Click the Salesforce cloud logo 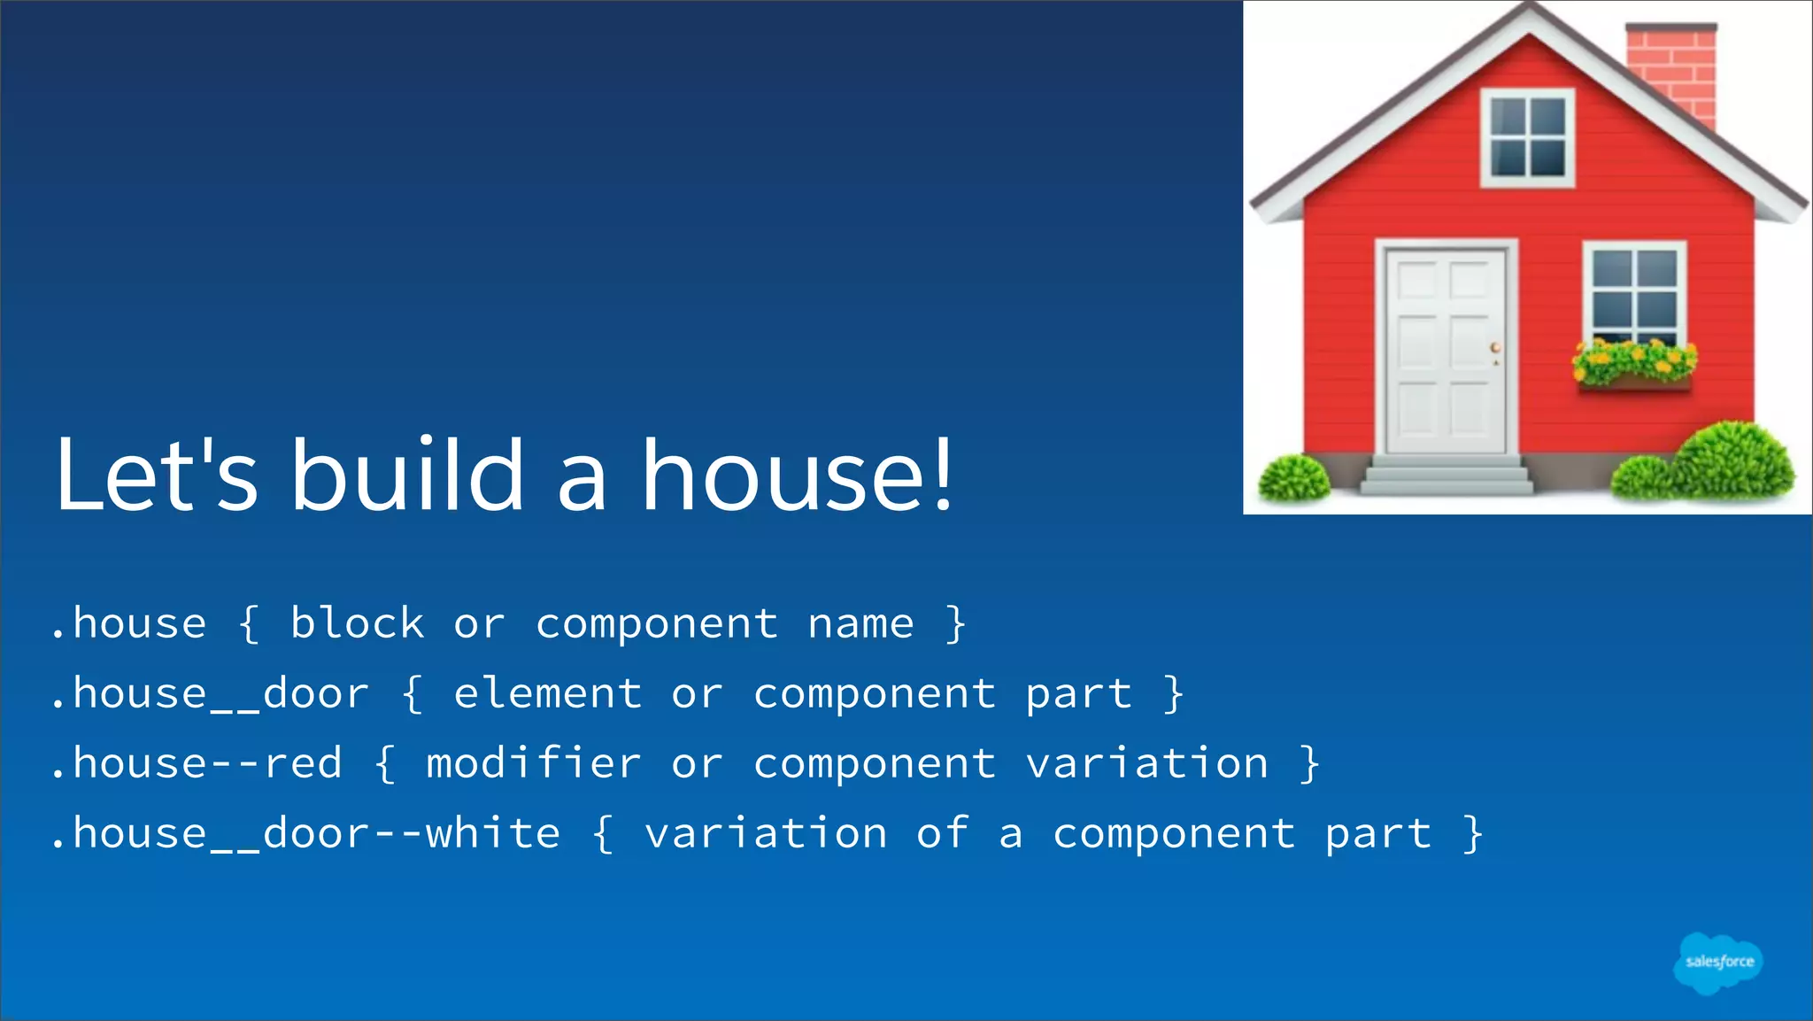pyautogui.click(x=1717, y=963)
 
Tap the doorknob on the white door pyautogui.click(x=1495, y=347)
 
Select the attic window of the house pyautogui.click(x=1528, y=137)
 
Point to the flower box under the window pyautogui.click(x=1634, y=382)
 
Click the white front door pyautogui.click(x=1446, y=352)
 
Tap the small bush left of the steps pyautogui.click(x=1293, y=477)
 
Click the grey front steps pyautogui.click(x=1447, y=476)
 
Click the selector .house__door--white pyautogui.click(x=305, y=834)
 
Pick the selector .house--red pyautogui.click(x=197, y=764)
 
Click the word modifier pyautogui.click(x=533, y=764)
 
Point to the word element pyautogui.click(x=548, y=694)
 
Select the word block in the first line pyautogui.click(x=358, y=624)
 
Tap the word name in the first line pyautogui.click(x=860, y=624)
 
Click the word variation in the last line pyautogui.click(x=766, y=834)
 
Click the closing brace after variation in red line pyautogui.click(x=1310, y=764)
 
